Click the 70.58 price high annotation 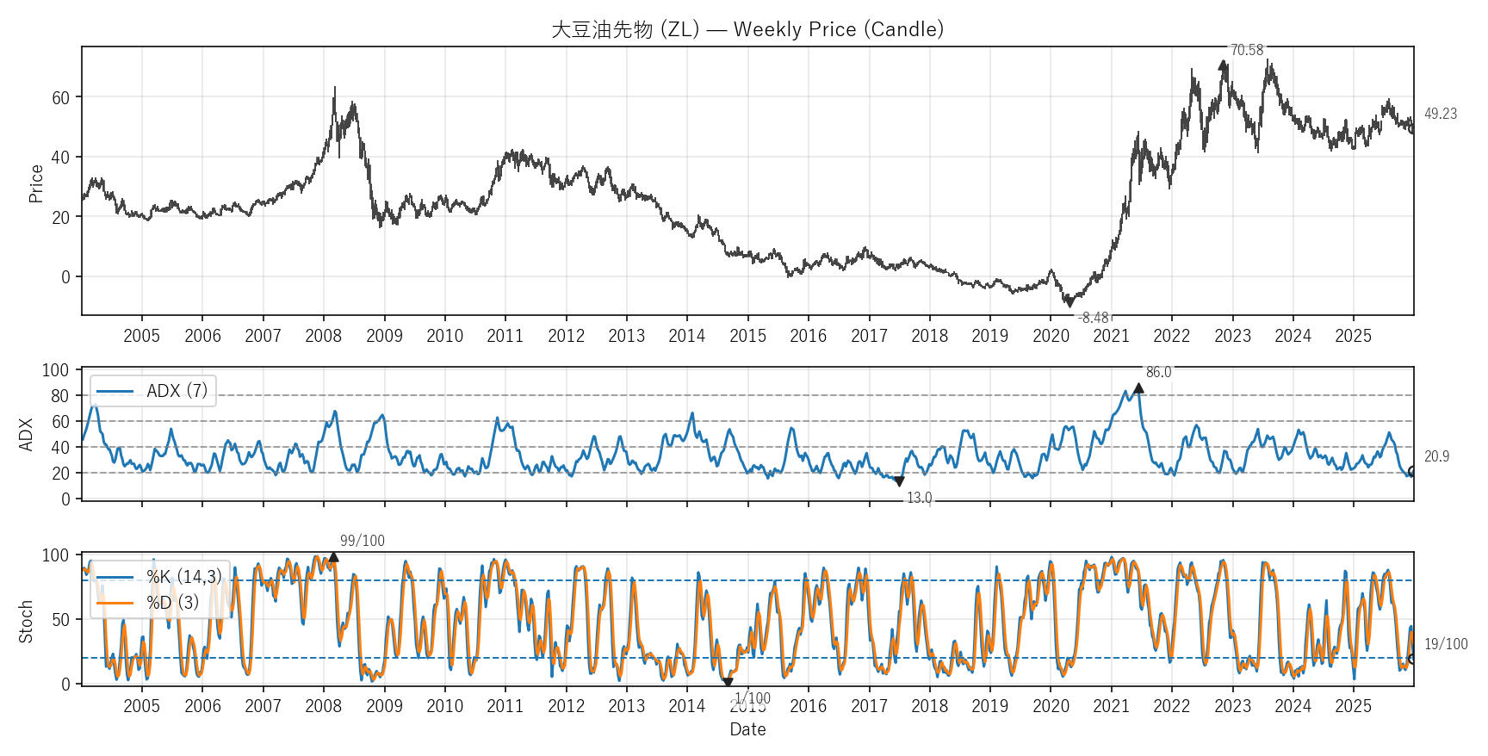(1246, 50)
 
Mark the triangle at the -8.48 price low (1069, 302)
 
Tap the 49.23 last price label (1440, 114)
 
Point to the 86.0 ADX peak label (1158, 372)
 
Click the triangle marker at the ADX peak (1138, 388)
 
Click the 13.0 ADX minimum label (919, 498)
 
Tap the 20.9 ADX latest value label (1436, 456)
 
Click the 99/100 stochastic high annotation (362, 541)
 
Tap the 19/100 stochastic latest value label (1445, 644)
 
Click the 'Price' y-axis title (35, 183)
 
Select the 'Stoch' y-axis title (26, 621)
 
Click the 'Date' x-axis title (747, 729)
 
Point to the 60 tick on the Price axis (60, 97)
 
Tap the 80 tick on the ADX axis (59, 396)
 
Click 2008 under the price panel (323, 336)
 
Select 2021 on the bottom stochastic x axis (1111, 706)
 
